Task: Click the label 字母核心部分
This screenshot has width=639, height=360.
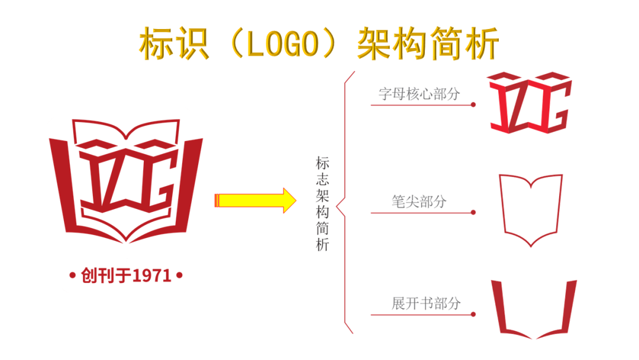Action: coord(419,94)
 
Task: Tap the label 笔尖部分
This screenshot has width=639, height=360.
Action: coord(419,201)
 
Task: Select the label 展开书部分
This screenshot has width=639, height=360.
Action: coord(425,304)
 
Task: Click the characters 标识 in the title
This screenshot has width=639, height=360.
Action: coord(175,43)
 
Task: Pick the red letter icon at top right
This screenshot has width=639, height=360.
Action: coord(530,102)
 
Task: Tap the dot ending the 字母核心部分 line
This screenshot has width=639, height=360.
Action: coord(473,105)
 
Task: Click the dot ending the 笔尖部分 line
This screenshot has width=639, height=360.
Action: coord(473,213)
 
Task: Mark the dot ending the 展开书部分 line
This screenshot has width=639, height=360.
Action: coord(473,314)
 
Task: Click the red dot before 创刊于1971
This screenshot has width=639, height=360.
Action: coord(72,275)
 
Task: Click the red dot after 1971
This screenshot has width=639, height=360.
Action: coord(179,275)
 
